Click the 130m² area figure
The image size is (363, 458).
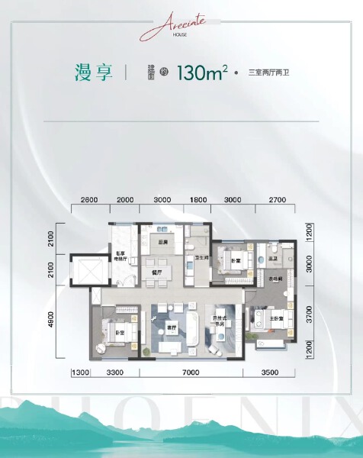202,73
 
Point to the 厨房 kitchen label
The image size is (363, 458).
162,242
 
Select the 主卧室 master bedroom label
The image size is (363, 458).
271,318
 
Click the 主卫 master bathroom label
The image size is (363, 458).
272,260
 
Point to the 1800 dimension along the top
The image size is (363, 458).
198,199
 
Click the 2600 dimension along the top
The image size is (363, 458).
88,199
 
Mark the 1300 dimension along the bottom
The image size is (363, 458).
81,372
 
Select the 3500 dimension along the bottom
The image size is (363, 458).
271,372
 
